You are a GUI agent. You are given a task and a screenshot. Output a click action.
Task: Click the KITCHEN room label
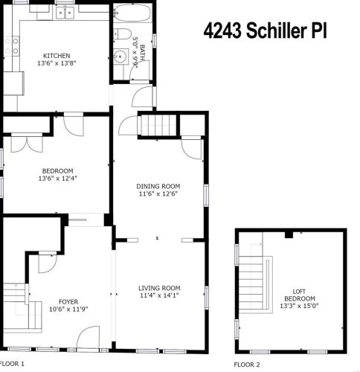57,56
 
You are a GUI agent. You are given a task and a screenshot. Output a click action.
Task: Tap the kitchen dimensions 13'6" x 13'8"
57,63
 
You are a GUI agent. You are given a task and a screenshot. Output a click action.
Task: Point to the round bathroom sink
121,57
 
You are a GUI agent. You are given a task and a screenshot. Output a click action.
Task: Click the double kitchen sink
65,12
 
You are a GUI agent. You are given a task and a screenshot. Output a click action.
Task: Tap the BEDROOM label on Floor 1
58,171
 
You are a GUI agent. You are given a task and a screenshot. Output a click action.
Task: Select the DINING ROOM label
158,186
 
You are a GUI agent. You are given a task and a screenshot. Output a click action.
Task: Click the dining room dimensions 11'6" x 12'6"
158,193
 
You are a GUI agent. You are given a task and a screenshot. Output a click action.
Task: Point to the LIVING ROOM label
159,288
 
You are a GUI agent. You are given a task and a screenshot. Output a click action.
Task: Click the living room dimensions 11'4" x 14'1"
159,295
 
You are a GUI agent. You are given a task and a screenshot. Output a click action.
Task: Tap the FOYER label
68,302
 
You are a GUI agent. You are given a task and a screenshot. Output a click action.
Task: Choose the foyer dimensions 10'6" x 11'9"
68,310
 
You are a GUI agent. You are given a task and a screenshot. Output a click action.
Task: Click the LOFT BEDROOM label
300,295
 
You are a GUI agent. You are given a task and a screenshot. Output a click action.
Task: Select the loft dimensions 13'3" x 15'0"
299,306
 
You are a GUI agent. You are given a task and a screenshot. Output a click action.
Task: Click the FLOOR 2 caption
247,365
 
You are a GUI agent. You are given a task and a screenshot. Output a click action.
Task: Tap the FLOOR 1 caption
13,364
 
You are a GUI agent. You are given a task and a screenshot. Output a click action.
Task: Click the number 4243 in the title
222,31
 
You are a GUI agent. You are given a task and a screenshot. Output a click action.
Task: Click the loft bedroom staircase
251,285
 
